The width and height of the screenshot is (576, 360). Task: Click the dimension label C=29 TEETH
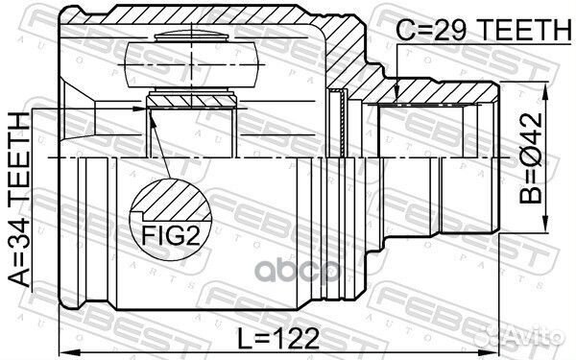pos(484,30)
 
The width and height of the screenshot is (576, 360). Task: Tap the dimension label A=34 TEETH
pos(19,199)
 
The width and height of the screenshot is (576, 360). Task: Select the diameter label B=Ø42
pos(531,158)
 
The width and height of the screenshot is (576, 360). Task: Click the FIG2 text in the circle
pos(171,235)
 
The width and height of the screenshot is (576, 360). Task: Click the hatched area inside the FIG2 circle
pos(173,200)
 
